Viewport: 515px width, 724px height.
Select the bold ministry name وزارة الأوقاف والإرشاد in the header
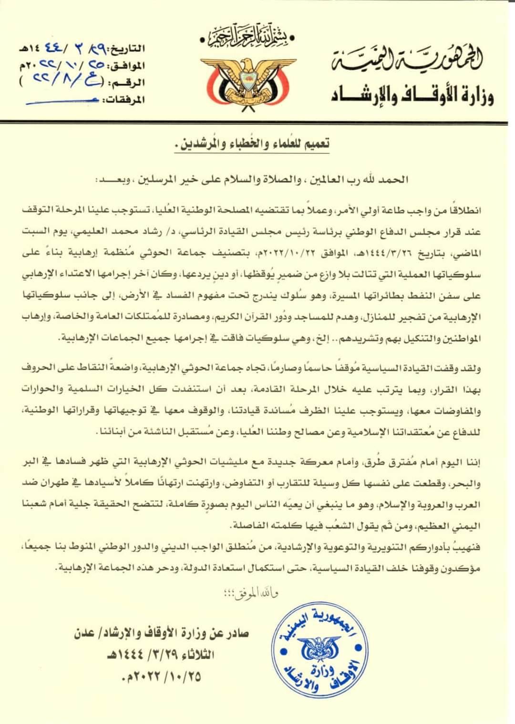point(412,95)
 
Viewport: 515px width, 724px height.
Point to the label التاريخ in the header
point(126,48)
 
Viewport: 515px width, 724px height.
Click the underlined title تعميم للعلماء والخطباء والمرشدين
point(256,143)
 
